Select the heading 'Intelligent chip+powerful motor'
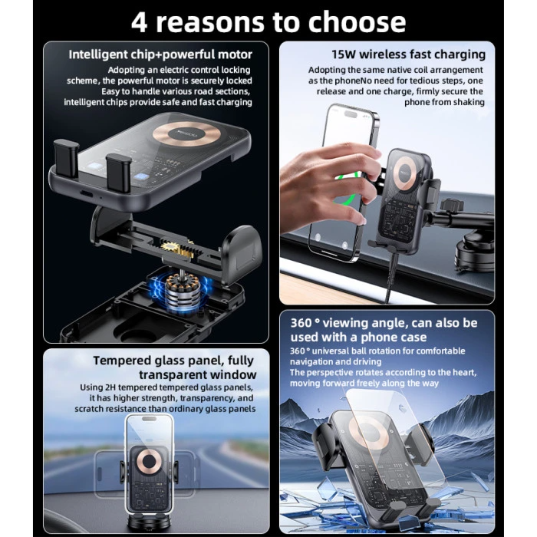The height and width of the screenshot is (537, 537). coord(160,54)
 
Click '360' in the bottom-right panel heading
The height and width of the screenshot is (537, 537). coord(304,323)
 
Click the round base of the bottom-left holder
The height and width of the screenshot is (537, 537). coord(150,528)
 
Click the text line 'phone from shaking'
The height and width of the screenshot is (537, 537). coord(445,102)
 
